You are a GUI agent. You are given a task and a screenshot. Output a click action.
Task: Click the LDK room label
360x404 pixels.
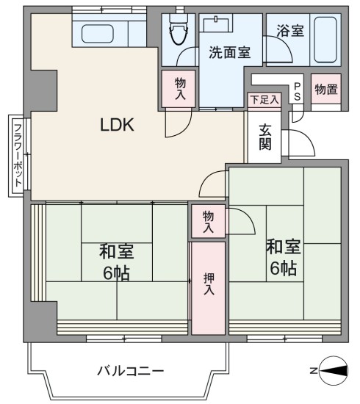(117, 125)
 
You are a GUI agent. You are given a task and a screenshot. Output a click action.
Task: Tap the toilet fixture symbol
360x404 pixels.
(178, 29)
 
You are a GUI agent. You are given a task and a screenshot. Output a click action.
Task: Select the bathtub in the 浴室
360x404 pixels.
(325, 40)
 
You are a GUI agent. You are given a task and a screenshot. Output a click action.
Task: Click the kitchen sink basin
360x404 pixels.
(98, 34)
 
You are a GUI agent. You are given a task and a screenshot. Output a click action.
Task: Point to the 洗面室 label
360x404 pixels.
(230, 52)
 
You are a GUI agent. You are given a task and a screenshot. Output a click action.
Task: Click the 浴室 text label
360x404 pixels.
(290, 30)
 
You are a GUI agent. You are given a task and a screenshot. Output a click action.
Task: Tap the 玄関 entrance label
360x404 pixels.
(265, 137)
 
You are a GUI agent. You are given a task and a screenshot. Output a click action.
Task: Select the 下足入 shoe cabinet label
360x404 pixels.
(265, 99)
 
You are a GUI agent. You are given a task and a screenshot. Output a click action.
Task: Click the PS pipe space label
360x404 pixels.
(297, 92)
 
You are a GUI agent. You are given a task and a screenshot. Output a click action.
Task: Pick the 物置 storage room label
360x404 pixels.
(326, 90)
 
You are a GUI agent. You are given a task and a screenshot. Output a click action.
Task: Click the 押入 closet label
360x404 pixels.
(209, 284)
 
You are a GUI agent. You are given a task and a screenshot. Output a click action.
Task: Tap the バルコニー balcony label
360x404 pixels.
(131, 371)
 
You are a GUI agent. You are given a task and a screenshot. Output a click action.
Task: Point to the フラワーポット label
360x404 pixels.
(18, 156)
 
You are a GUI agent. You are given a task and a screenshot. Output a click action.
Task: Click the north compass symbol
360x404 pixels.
(334, 371)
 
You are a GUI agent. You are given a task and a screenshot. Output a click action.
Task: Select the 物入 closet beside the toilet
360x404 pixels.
(180, 89)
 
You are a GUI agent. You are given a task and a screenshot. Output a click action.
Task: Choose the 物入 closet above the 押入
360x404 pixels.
(208, 222)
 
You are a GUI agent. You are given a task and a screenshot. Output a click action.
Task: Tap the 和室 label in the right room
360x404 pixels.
(284, 247)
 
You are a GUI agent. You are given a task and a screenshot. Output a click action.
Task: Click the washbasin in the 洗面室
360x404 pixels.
(216, 23)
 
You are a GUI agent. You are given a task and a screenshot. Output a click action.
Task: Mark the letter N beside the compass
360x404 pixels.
(314, 371)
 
